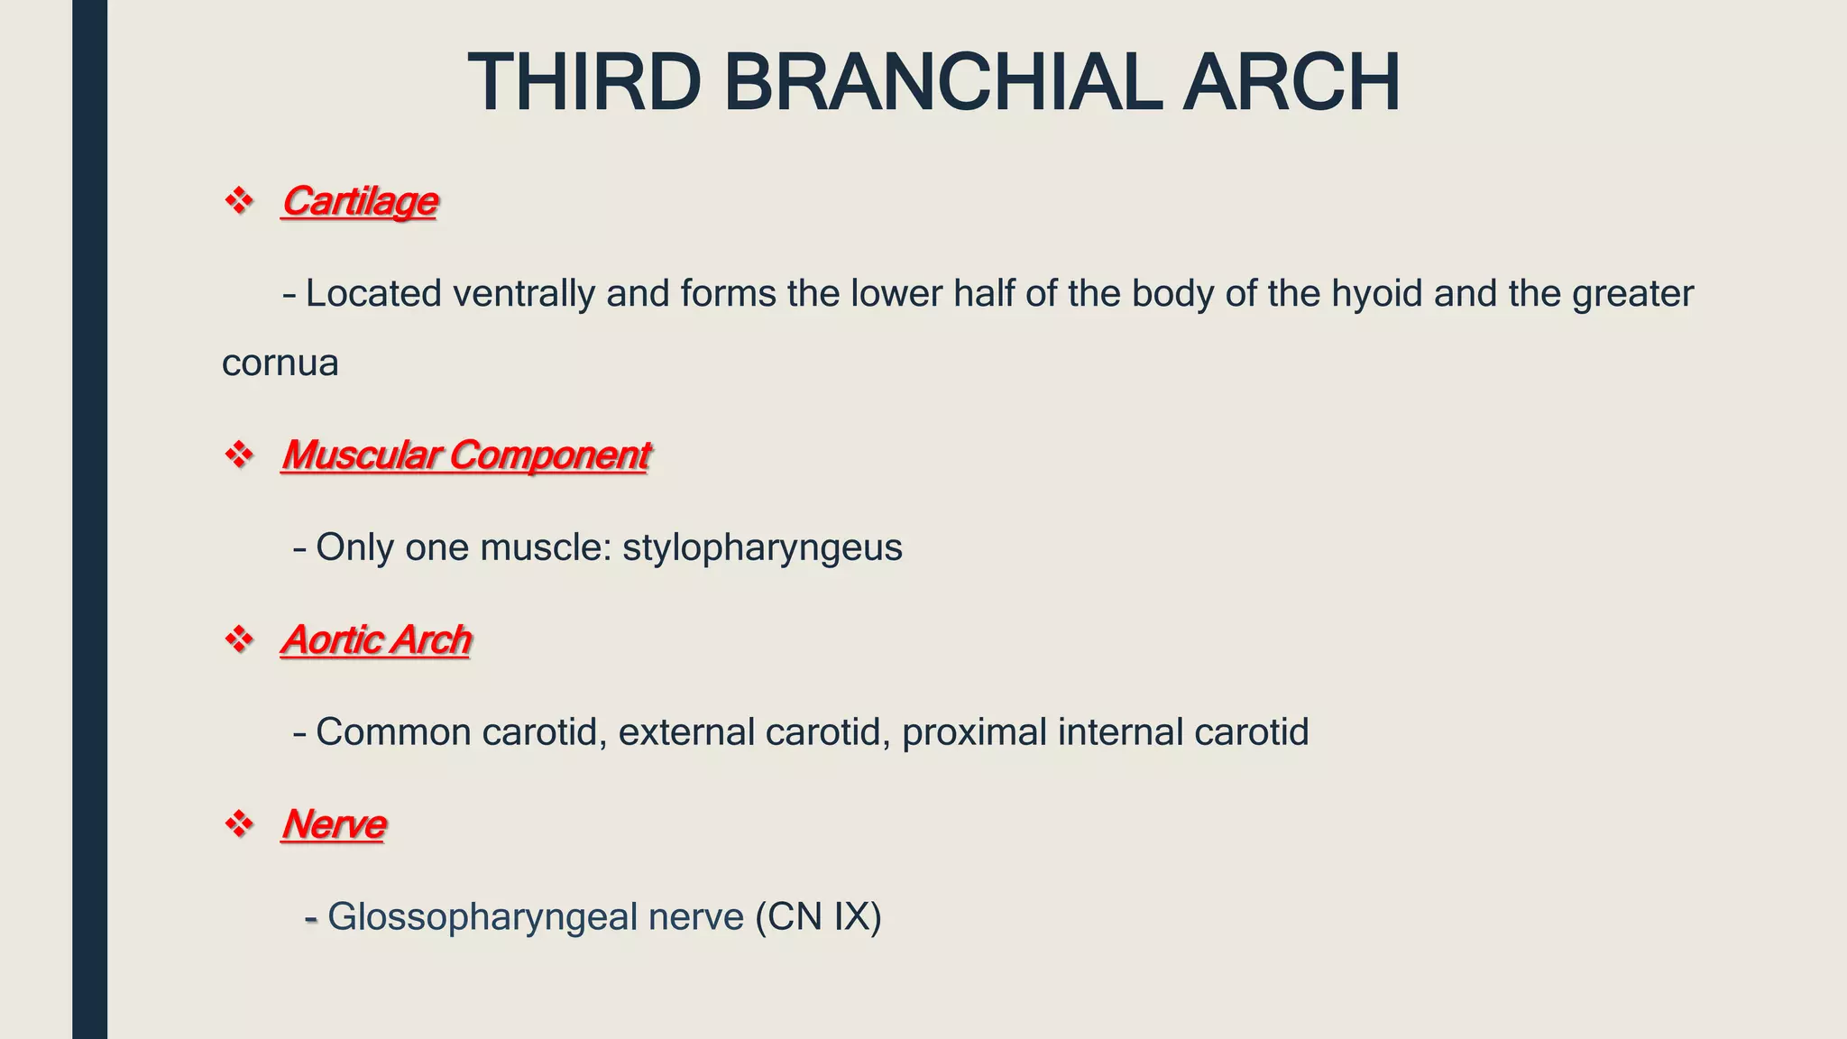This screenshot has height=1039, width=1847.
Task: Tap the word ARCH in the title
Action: point(1291,83)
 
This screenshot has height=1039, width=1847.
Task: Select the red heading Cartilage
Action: point(359,200)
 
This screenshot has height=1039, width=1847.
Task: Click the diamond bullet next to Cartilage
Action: point(239,200)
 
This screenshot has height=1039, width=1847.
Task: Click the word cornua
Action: point(280,363)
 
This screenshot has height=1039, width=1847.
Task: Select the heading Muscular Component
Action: point(464,455)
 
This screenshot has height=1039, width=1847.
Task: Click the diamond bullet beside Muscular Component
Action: point(239,455)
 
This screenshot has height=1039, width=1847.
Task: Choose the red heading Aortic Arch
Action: point(376,639)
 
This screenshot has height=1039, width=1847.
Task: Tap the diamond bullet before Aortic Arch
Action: point(239,639)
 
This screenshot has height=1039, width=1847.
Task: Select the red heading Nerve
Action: point(333,824)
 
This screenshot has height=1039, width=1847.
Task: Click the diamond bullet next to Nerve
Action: point(239,824)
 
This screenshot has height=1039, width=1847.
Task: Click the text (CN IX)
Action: point(818,917)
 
